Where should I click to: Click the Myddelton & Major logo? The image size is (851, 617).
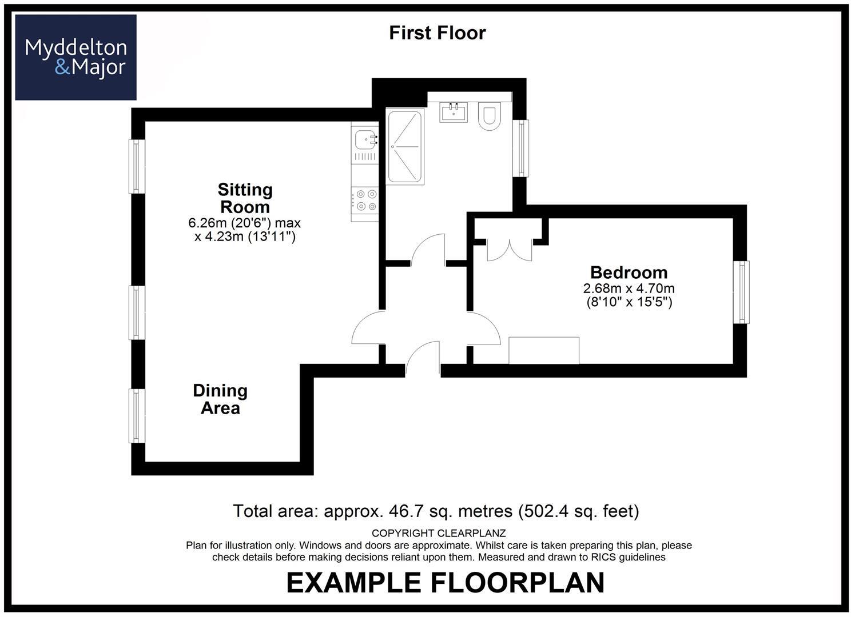pyautogui.click(x=75, y=57)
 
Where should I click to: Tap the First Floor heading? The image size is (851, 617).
pyautogui.click(x=438, y=33)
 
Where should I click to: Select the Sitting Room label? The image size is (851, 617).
pyautogui.click(x=245, y=198)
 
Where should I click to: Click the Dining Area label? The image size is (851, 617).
pyautogui.click(x=220, y=399)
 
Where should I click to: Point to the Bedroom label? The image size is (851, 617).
pyautogui.click(x=629, y=273)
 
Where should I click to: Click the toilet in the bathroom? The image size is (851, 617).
pyautogui.click(x=490, y=116)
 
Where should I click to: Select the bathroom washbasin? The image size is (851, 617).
pyautogui.click(x=454, y=112)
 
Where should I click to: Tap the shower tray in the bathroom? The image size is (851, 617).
pyautogui.click(x=405, y=147)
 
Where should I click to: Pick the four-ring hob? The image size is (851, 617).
pyautogui.click(x=365, y=201)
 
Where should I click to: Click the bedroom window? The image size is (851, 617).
pyautogui.click(x=741, y=292)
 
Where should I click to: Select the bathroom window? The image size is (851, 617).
pyautogui.click(x=520, y=148)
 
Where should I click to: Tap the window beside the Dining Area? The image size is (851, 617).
pyautogui.click(x=137, y=416)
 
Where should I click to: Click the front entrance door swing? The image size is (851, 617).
pyautogui.click(x=423, y=355)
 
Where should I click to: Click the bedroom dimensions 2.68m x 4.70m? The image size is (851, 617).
pyautogui.click(x=629, y=289)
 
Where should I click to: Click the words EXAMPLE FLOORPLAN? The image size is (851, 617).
pyautogui.click(x=446, y=583)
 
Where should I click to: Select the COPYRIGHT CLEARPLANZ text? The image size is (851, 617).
pyautogui.click(x=439, y=534)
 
